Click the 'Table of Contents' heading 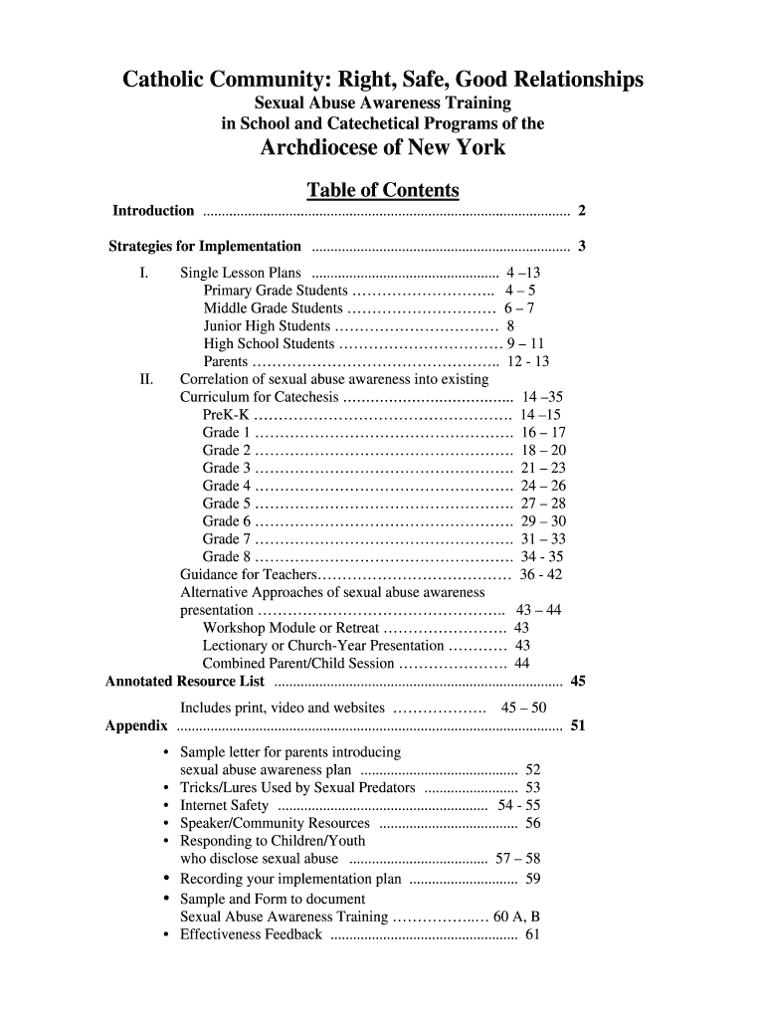point(382,190)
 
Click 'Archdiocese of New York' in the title point(382,148)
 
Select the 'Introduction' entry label point(153,211)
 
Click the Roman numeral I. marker point(144,273)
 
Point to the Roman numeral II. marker point(146,379)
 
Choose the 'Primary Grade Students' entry point(276,291)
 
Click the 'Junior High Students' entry point(267,326)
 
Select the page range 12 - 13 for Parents point(528,362)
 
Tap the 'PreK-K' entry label point(226,415)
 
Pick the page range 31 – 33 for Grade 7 point(543,539)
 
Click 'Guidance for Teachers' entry point(249,575)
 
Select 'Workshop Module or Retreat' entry point(290,628)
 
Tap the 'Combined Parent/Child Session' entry point(298,664)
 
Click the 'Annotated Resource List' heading point(185,682)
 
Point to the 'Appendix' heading point(136,725)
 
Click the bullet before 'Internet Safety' point(165,805)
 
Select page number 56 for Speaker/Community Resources point(533,823)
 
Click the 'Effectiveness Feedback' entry point(251,934)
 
